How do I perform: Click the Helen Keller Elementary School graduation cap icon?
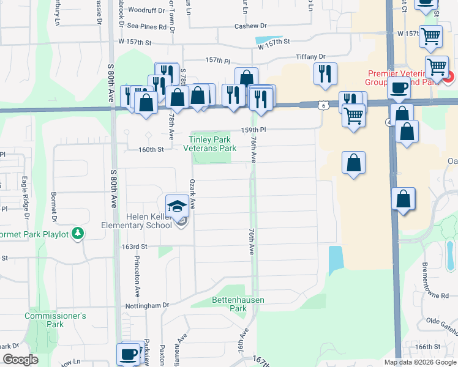pos(177,205)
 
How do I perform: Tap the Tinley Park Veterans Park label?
pos(211,144)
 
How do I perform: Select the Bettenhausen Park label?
pos(229,305)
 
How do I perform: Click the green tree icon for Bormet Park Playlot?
pos(78,232)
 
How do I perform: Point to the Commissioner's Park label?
pos(55,320)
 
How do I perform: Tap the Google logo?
pos(20,360)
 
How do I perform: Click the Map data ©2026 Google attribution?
pos(419,362)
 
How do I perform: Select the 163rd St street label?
pos(135,246)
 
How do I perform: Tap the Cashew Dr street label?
pos(251,26)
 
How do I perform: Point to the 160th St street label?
pos(152,149)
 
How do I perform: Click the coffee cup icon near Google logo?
pos(129,353)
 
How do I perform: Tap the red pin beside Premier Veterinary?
pos(448,77)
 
